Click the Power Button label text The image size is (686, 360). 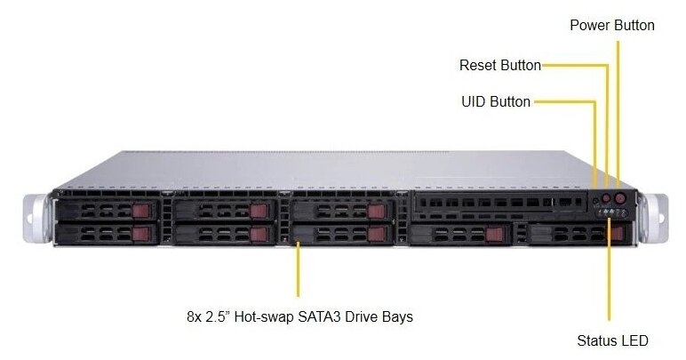tap(611, 25)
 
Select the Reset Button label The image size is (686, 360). tap(499, 65)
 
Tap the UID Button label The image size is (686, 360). tap(495, 101)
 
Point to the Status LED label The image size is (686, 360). tap(612, 340)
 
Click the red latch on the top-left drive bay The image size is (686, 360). tap(142, 211)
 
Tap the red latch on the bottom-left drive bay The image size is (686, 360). tap(142, 234)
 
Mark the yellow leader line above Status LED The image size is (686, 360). tap(610, 276)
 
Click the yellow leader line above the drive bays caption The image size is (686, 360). tap(298, 271)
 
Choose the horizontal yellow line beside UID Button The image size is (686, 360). tap(564, 101)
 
